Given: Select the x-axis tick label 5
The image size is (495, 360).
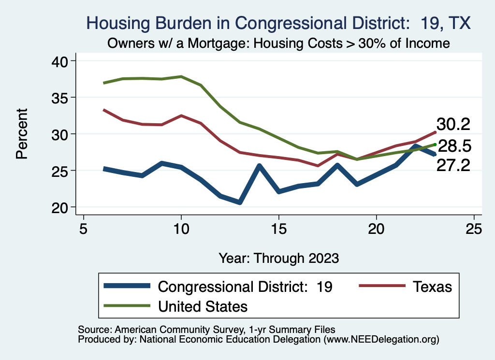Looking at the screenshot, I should (x=84, y=228).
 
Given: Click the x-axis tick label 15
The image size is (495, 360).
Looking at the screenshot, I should (x=278, y=228).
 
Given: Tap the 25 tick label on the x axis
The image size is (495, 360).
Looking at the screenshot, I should (x=474, y=228).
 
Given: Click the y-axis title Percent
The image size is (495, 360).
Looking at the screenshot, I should (x=21, y=134).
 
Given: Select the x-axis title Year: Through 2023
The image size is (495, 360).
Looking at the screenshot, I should (x=278, y=258).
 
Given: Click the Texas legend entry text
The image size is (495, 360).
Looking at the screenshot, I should (x=432, y=287).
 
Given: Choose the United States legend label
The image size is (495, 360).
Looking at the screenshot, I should (x=203, y=306).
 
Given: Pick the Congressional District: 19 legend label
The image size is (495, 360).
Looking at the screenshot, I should (x=246, y=287).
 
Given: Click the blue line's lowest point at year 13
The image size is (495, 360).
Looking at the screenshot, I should (x=240, y=202).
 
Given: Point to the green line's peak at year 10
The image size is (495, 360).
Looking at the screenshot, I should (x=181, y=76).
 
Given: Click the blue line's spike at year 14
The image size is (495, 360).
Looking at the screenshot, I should (x=259, y=166).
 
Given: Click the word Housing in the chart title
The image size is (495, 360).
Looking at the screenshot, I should (x=115, y=23).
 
